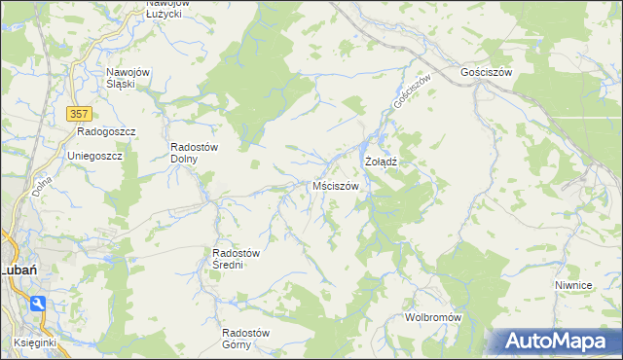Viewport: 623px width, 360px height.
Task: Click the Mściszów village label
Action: (x=337, y=185)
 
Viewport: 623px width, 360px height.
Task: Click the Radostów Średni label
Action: (x=235, y=259)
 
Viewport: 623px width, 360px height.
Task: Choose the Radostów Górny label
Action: (x=250, y=338)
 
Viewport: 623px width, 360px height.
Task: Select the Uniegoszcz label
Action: (x=94, y=156)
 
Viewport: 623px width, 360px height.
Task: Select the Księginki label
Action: (x=39, y=342)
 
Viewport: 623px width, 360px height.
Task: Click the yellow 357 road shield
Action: (x=82, y=113)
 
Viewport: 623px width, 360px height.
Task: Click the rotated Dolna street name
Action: (x=42, y=185)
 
